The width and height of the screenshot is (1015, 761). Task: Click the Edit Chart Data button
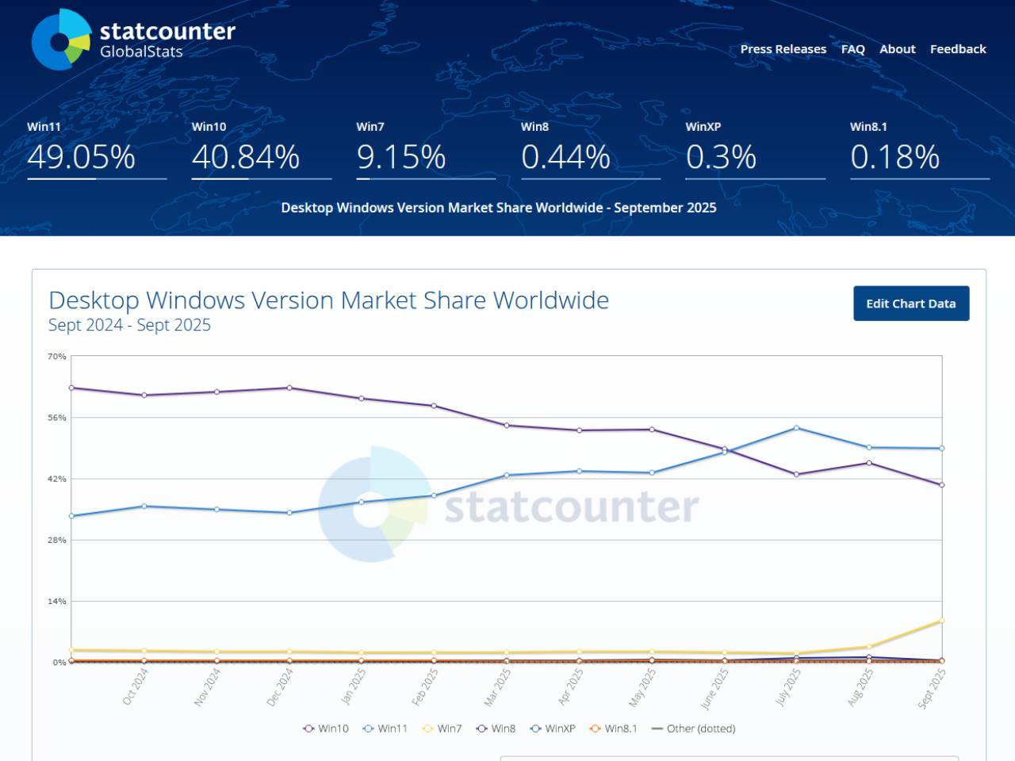[x=911, y=304]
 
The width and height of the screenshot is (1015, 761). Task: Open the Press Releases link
[x=783, y=49]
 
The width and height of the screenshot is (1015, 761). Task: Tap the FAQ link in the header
[x=852, y=49]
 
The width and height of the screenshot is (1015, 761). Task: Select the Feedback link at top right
[x=958, y=49]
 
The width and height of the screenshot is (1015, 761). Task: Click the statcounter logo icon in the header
[x=62, y=40]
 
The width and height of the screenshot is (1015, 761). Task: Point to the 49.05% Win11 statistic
[x=81, y=157]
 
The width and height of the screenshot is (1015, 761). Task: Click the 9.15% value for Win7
[x=401, y=157]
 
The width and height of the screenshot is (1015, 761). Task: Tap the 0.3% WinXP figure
[x=721, y=157]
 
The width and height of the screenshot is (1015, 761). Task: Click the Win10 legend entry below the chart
[x=326, y=728]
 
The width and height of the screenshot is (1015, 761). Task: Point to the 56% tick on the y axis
[x=57, y=418]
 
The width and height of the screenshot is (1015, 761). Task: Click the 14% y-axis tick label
[x=57, y=602]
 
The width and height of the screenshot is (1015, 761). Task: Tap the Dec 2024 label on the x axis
[x=281, y=686]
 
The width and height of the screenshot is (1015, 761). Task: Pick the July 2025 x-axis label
[x=788, y=686]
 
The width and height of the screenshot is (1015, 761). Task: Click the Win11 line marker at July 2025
[x=796, y=428]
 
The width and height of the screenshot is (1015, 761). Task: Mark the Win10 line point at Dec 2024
[x=289, y=388]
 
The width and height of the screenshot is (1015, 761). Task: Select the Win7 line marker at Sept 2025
[x=941, y=621]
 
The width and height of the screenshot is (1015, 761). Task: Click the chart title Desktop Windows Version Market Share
[x=328, y=300]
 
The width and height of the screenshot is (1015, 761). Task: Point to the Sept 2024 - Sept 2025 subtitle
[x=129, y=325]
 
